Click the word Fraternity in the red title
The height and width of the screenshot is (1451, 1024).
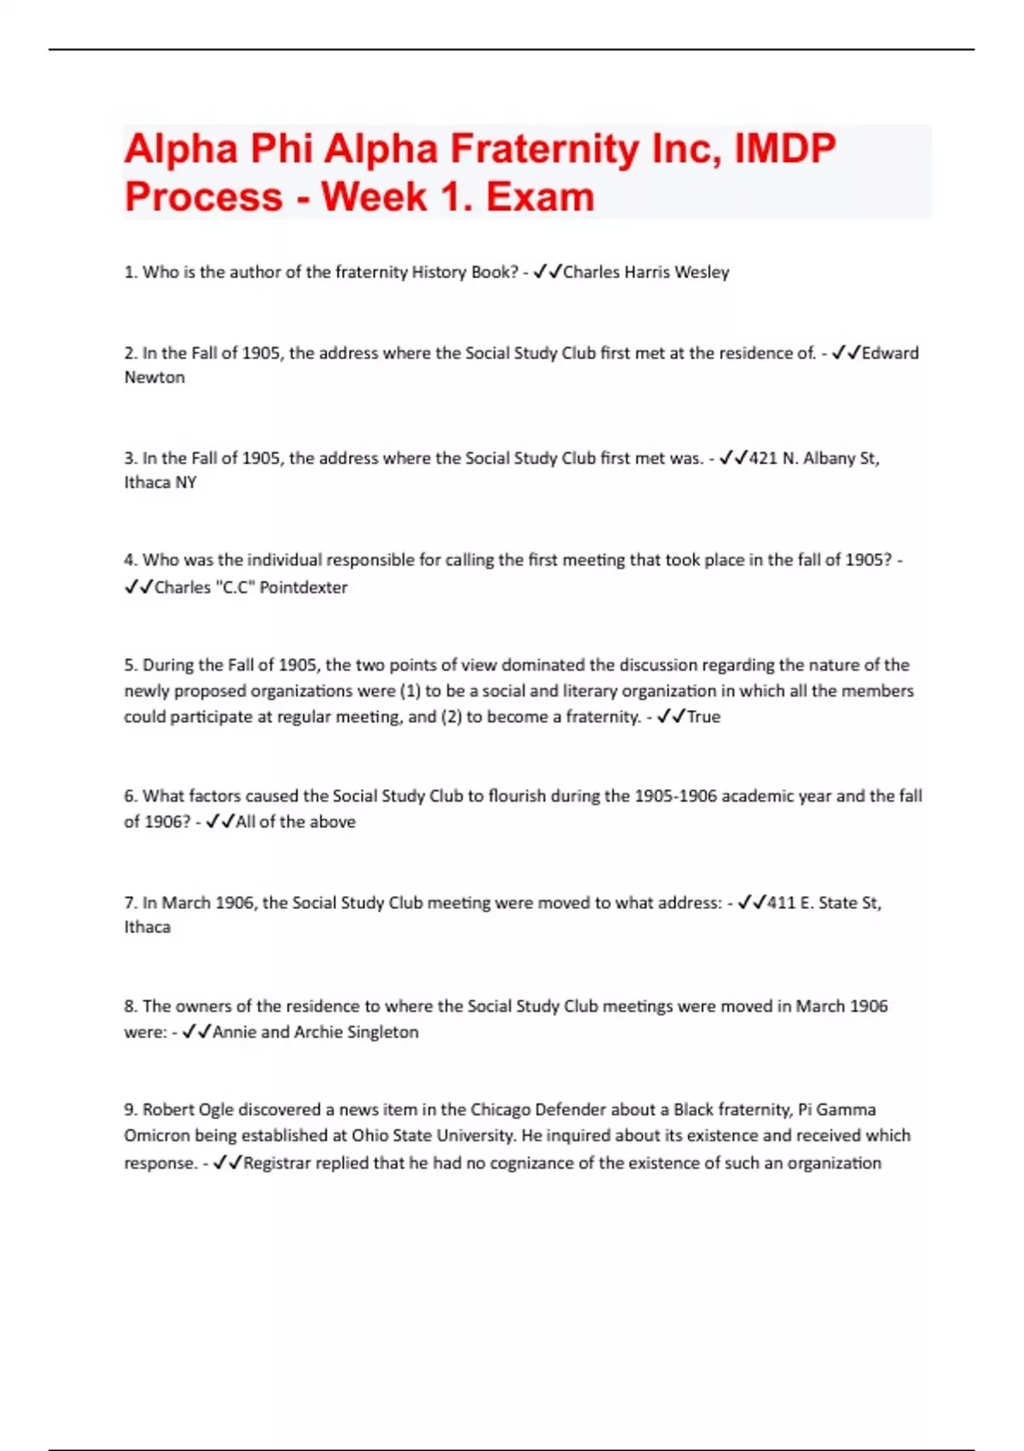544,149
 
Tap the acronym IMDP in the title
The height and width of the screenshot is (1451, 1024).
785,149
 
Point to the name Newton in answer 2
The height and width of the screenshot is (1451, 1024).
154,377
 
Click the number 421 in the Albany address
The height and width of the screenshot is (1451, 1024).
762,458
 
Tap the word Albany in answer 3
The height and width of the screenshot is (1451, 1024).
829,458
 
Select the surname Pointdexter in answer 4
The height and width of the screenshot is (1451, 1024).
303,587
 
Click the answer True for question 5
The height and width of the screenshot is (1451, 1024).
703,717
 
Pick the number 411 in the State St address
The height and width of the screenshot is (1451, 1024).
781,903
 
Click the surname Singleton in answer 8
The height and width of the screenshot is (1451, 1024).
382,1032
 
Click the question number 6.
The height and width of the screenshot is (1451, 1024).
130,796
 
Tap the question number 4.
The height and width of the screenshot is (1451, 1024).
130,561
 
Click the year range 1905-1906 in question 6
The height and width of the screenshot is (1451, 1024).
675,796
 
